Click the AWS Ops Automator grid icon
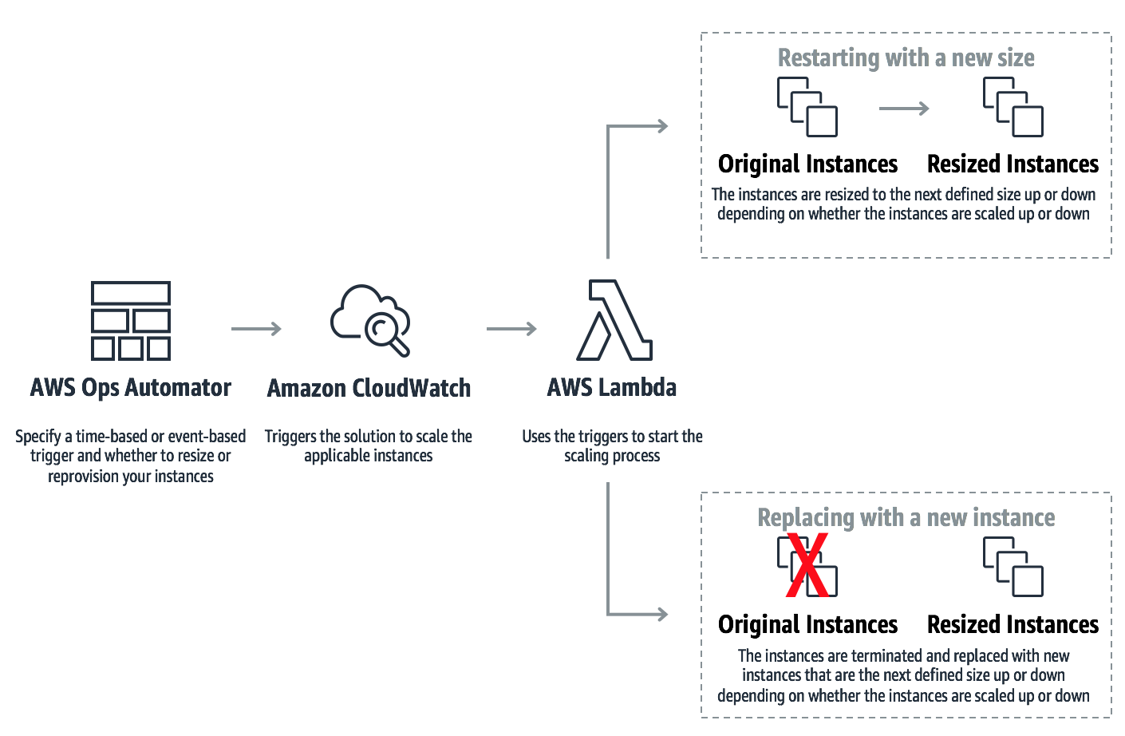[131, 321]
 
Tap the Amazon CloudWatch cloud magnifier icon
[370, 319]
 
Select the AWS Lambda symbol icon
[614, 320]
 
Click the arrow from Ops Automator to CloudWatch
[256, 329]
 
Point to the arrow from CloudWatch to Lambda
[511, 329]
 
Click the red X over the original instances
[807, 566]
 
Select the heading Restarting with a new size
[906, 58]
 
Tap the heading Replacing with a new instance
[906, 518]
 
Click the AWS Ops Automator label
[131, 388]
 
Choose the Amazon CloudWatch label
[369, 389]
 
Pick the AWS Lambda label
[612, 388]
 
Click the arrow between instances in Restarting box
[904, 109]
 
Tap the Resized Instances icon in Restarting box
[1013, 107]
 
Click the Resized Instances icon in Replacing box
[1013, 567]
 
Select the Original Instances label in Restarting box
[807, 164]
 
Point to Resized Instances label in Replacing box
[1012, 625]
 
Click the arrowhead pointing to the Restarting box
[661, 125]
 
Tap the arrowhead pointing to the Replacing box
[661, 614]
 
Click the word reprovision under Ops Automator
[87, 477]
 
